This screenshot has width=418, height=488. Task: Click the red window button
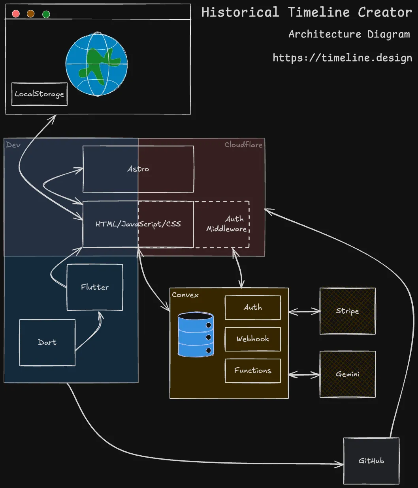point(16,14)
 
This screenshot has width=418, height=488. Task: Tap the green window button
point(46,14)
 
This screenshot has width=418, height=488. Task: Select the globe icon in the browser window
point(97,64)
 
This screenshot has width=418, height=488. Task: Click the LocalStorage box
point(40,94)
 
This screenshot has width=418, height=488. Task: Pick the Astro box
point(138,169)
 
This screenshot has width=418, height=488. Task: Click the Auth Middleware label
point(227,224)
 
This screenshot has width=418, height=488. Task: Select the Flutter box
point(95,287)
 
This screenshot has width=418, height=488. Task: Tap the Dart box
point(47,342)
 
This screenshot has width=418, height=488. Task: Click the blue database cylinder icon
point(196,335)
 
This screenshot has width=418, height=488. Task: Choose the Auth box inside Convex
point(253,307)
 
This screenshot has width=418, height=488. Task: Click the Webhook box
point(253,339)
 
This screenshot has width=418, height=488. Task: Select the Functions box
point(253,370)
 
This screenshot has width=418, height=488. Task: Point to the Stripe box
point(348,311)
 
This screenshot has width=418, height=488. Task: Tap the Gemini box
point(348,374)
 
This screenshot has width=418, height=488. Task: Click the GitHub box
point(371,461)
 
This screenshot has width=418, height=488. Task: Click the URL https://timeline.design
point(342,58)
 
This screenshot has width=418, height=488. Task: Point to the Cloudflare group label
point(243,145)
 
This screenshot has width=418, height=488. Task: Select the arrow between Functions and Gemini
point(304,374)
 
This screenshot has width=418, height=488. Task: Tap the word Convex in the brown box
point(185,295)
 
